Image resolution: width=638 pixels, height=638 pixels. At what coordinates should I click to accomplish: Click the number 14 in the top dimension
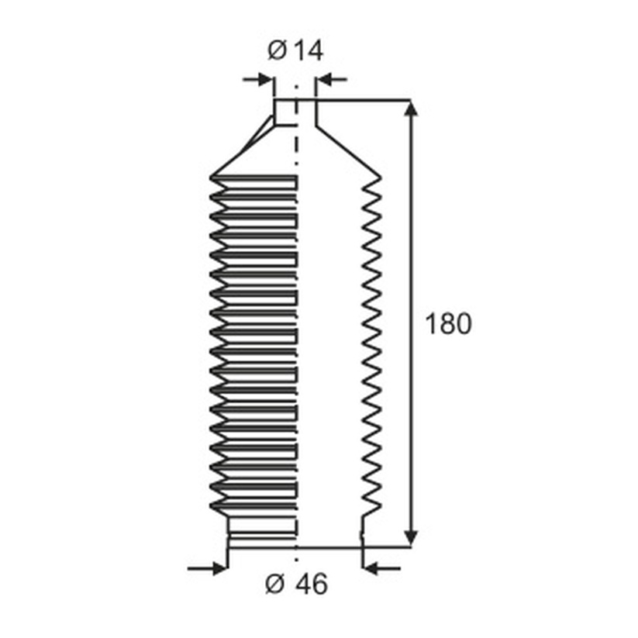308,51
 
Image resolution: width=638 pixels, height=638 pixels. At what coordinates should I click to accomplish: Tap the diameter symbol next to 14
277,51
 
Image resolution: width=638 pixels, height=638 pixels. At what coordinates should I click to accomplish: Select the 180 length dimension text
448,324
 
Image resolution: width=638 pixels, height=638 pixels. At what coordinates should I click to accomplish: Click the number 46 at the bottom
312,584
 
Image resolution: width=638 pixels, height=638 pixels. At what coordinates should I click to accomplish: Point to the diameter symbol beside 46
275,585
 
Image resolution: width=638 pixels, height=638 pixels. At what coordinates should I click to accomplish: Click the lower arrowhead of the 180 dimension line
412,538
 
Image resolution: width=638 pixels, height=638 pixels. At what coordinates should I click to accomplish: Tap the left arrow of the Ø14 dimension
258,79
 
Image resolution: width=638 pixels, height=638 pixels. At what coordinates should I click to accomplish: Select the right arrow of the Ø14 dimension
332,79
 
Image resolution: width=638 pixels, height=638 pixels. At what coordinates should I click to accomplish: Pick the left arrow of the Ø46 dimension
208,568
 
